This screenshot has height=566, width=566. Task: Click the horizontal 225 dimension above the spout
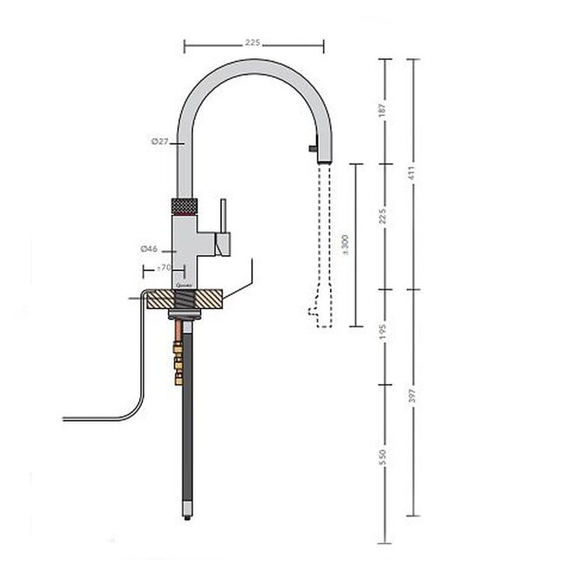click(x=253, y=43)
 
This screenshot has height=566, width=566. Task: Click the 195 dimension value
click(x=382, y=335)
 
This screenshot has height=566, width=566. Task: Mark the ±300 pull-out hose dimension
click(x=346, y=245)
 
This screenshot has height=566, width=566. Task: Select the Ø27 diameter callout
click(x=158, y=141)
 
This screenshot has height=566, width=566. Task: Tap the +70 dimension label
click(x=162, y=268)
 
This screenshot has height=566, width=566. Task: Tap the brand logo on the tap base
click(x=183, y=283)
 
